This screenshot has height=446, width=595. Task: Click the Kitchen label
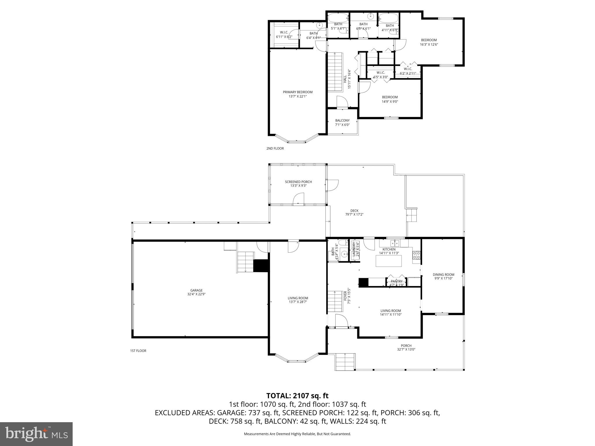[x=389, y=249]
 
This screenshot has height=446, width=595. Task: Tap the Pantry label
[x=397, y=281]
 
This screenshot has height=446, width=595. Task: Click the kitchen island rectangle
[x=389, y=261]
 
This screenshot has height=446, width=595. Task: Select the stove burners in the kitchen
[x=416, y=255]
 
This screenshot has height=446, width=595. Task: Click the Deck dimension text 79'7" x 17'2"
[x=354, y=215]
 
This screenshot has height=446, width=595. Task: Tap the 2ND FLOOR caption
[x=275, y=148]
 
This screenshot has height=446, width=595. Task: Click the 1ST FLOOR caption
[x=138, y=351]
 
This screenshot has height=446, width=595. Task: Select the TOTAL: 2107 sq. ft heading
[x=297, y=395]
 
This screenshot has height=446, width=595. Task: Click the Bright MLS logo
[x=36, y=434]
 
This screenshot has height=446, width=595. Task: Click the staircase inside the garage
[x=246, y=262]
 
